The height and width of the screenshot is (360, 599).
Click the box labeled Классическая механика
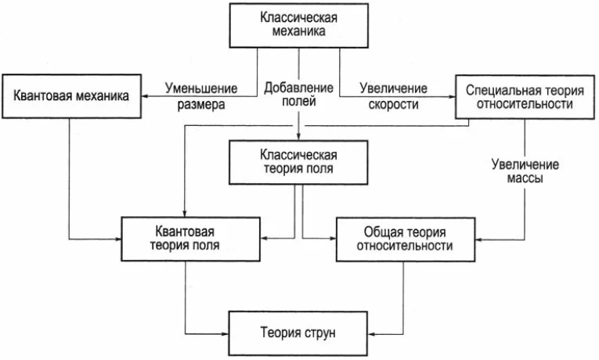pos(299,26)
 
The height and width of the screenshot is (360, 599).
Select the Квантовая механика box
pos(71,96)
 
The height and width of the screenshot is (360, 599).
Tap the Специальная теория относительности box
pos(525,97)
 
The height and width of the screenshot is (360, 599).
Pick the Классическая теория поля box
pos(298,162)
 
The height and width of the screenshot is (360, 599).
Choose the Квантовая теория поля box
pos(190,239)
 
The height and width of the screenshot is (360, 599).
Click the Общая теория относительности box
pos(406,239)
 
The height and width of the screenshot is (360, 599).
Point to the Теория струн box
pos(298,333)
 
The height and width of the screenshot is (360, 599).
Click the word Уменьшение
pos(201,88)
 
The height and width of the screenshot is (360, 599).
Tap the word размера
pos(201,105)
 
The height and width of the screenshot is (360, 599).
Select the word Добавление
pos(299,88)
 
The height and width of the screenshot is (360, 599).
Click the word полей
pos(299,101)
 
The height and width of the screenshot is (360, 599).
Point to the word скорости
pos(394,104)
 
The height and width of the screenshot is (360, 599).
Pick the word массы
pos(525,178)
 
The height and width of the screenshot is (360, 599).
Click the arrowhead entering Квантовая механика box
pos(145,96)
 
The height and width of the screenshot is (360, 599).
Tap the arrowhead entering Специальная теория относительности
pos(452,96)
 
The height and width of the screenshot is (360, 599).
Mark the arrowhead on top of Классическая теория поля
pos(299,137)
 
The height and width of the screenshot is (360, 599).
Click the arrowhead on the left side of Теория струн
pos(225,334)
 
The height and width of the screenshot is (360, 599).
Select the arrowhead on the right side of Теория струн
pos(372,334)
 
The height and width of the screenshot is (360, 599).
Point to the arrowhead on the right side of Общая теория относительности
pos(479,239)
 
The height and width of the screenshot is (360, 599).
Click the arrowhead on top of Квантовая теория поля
pos(184,214)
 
